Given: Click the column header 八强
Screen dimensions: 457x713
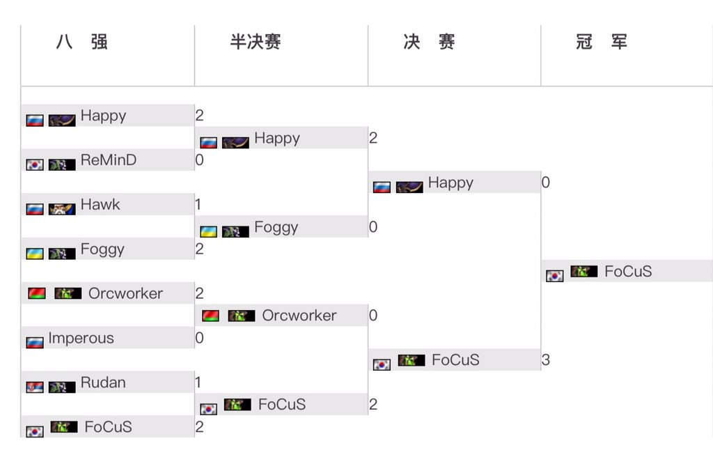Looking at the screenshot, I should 81,42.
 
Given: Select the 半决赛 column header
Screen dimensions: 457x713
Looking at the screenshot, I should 256,42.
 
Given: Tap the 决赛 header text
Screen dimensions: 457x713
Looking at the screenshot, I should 429,42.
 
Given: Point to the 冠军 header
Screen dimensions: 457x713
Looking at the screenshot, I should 602,42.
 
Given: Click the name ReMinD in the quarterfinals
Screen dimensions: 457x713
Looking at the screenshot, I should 108,160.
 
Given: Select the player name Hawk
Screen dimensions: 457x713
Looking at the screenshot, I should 100,205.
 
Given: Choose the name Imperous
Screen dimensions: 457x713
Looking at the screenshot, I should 80,339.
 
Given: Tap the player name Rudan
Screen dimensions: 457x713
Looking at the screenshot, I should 103,382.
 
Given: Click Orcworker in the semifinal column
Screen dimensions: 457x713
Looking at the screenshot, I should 299,316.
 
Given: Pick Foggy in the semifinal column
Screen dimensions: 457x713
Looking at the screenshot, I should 276,227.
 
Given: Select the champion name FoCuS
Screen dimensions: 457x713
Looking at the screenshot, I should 628,272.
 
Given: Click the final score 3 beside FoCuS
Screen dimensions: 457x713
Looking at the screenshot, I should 546,360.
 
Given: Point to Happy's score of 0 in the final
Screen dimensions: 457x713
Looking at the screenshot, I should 546,183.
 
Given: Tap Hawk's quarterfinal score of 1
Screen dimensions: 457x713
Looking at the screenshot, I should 199,205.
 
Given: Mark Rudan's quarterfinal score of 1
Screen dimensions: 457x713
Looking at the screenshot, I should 199,382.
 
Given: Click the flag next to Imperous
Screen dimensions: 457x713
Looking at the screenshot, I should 35,343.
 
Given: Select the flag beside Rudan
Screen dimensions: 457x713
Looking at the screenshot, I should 35,387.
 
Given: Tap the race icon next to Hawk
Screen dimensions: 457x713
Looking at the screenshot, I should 61,209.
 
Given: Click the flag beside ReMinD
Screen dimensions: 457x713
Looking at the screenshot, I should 35,165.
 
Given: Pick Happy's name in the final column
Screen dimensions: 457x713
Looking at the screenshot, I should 450,183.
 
